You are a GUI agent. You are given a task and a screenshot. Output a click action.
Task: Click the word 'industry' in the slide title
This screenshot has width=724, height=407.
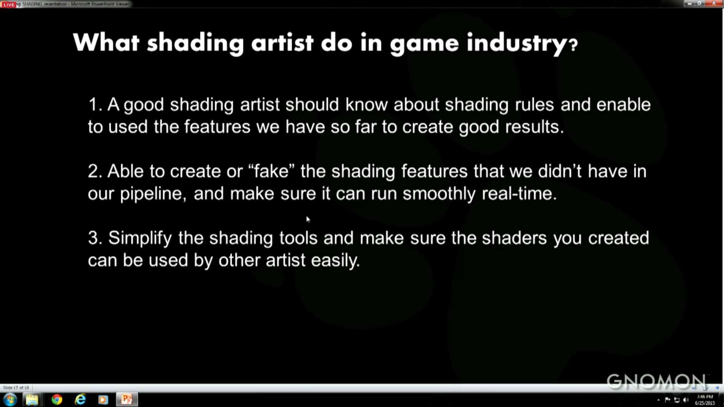pos(517,43)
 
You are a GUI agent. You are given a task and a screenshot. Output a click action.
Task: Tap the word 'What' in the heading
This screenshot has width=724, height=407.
pos(106,42)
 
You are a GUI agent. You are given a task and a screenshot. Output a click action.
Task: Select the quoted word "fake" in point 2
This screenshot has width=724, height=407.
pos(271,171)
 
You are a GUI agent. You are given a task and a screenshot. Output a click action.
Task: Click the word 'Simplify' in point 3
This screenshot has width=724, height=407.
pos(140,238)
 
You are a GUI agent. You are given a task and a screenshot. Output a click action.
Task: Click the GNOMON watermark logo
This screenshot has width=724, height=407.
pos(656,381)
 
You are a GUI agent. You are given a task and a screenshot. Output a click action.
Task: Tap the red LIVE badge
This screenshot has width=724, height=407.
pos(9,5)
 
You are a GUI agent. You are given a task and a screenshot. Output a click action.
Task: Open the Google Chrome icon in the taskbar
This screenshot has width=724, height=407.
pos(57,399)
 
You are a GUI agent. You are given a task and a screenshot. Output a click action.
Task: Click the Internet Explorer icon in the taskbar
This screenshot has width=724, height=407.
pos(80,399)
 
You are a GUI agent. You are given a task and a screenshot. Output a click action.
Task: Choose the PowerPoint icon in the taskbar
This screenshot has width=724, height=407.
pos(127,399)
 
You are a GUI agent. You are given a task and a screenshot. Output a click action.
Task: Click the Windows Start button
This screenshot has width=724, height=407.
pos(10,399)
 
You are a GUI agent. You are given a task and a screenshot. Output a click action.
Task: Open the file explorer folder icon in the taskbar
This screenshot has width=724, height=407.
pos(32,399)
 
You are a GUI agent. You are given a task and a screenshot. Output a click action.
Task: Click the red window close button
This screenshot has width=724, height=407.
pos(714,3)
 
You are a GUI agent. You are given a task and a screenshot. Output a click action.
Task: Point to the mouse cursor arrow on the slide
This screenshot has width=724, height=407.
pos(308,219)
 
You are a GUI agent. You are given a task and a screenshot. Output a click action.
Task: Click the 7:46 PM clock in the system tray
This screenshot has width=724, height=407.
pos(705,397)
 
